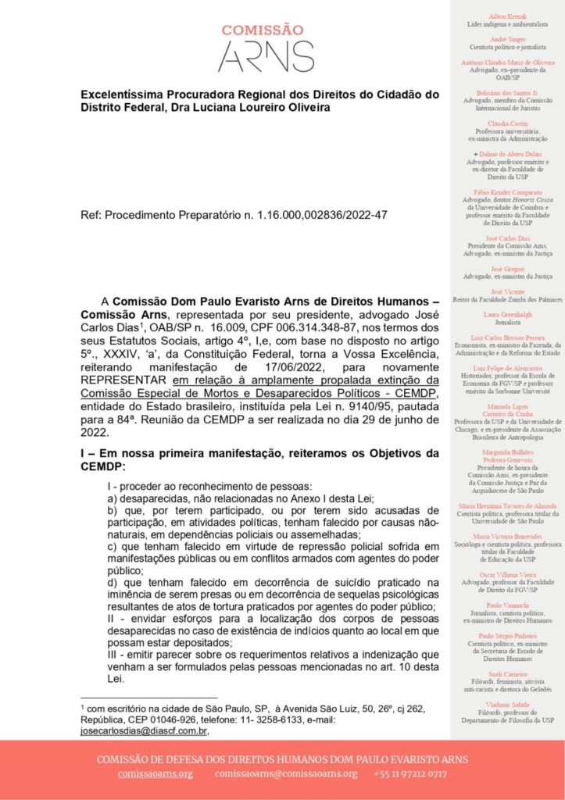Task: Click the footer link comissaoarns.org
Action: pyautogui.click(x=156, y=773)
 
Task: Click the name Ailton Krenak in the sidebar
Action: pyautogui.click(x=507, y=16)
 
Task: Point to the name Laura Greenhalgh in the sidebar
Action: pyautogui.click(x=507, y=313)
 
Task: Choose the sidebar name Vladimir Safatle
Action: pyautogui.click(x=507, y=705)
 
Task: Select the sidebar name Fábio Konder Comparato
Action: pyautogui.click(x=507, y=192)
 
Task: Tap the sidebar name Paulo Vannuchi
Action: pyautogui.click(x=507, y=605)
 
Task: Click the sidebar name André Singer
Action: pyautogui.click(x=507, y=38)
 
